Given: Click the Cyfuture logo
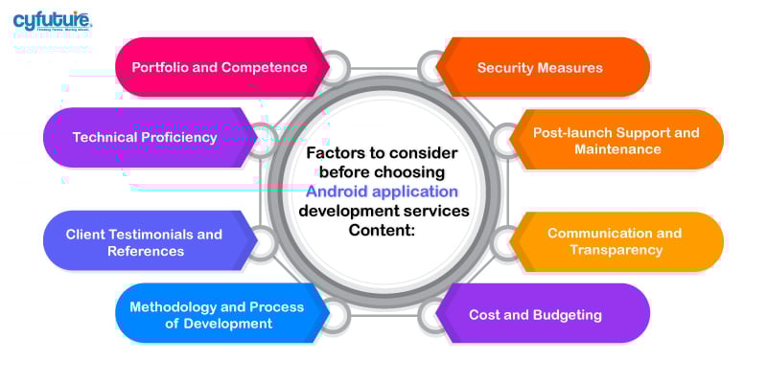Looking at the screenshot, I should (52, 21).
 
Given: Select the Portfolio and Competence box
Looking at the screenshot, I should (220, 67).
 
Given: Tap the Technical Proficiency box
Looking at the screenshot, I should (145, 137).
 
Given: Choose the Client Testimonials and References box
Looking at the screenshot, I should (144, 241).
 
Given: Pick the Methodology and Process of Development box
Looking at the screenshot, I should (217, 315).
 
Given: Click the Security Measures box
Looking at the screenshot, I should (540, 67).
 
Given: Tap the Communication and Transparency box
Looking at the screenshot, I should (615, 241).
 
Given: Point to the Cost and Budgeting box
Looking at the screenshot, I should (535, 314).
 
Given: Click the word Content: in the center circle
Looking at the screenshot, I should (383, 229).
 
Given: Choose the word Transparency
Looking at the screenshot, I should (616, 250).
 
